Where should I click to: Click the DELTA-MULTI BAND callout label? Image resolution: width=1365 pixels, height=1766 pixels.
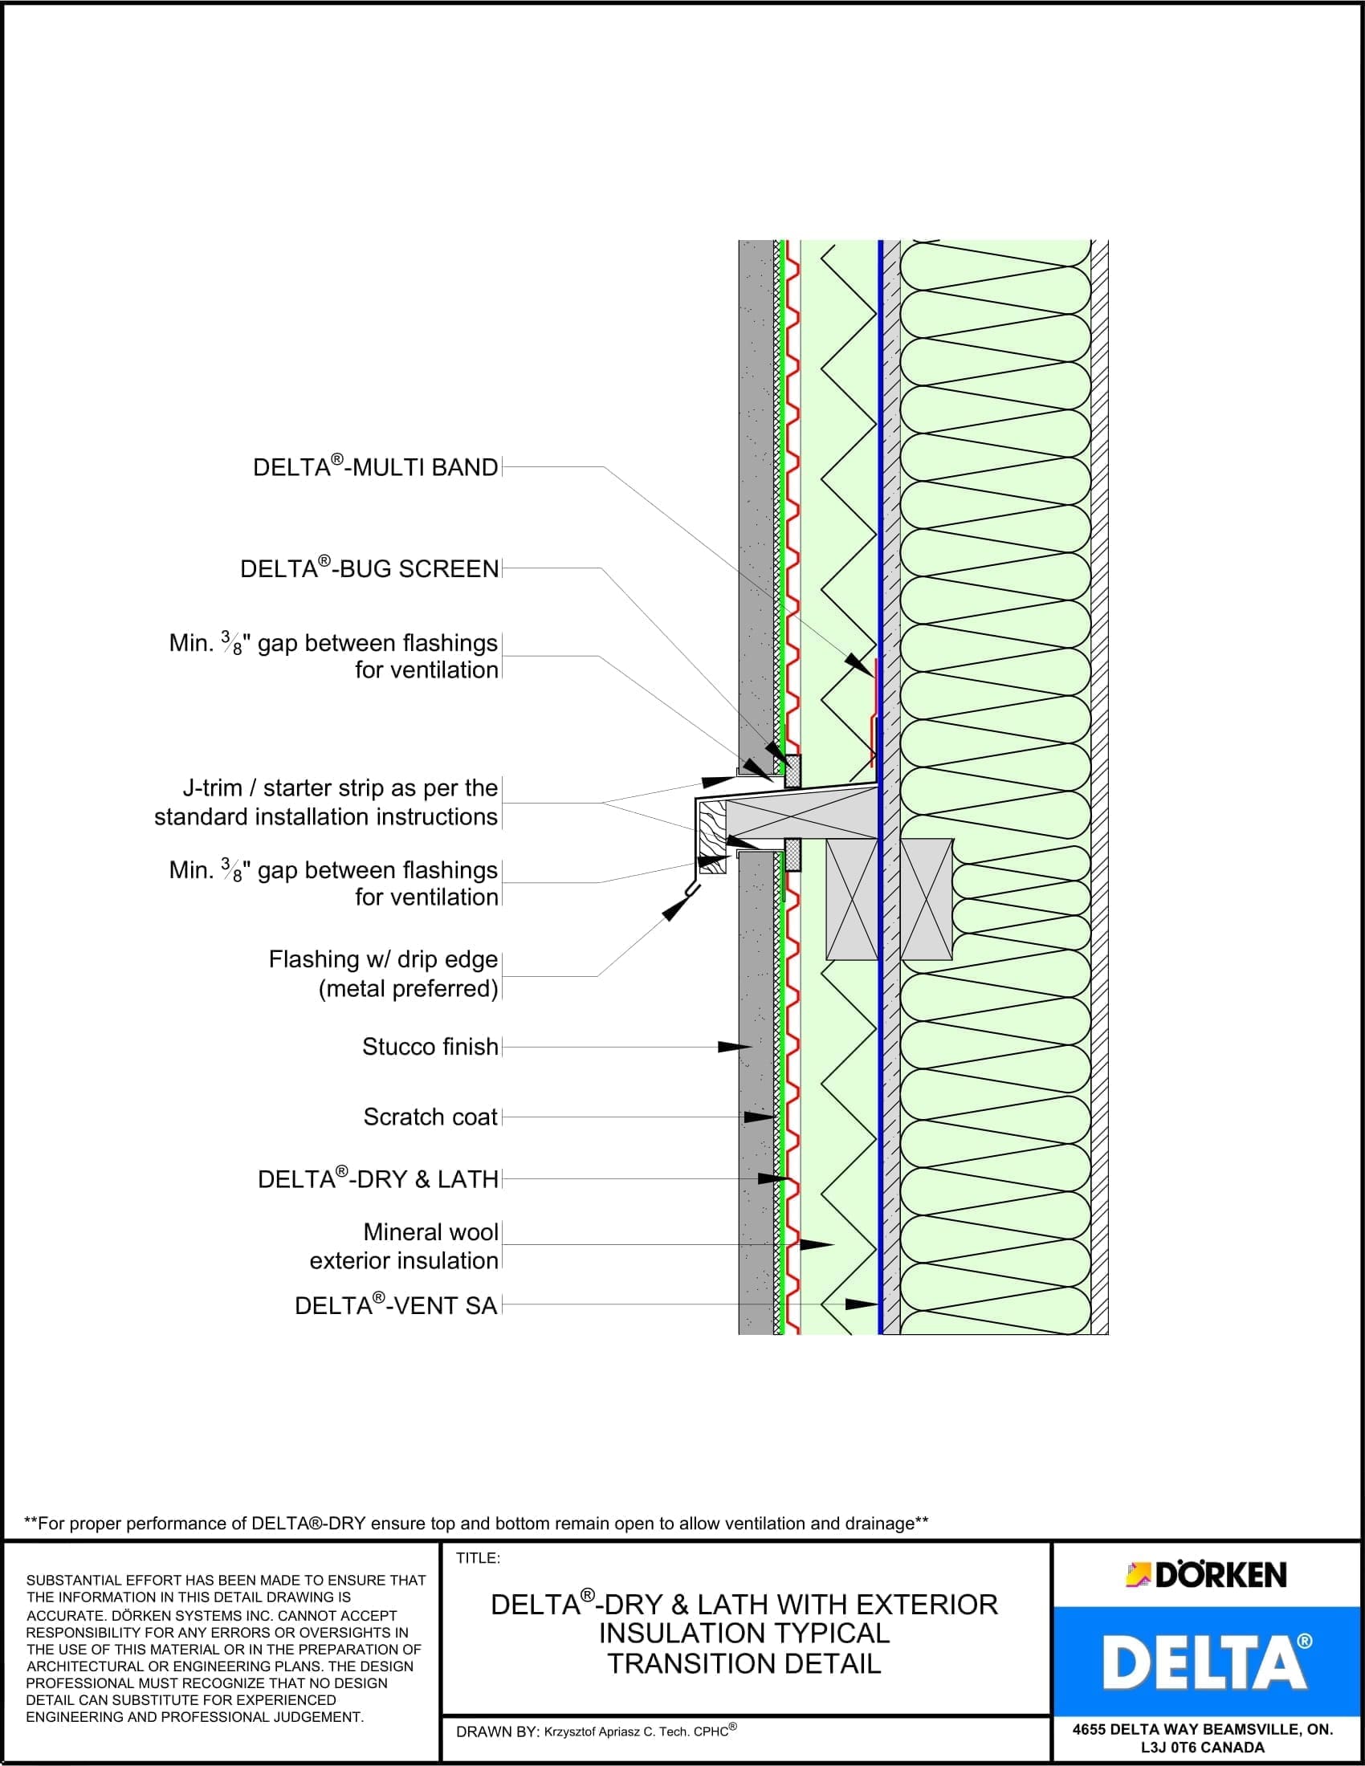[375, 467]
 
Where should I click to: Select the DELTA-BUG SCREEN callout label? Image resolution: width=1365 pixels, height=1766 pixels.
[369, 568]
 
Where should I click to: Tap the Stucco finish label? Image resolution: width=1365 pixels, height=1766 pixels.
[430, 1046]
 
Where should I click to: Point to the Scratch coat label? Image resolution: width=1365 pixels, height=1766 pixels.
[430, 1117]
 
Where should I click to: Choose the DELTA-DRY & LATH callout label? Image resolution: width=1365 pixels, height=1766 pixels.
[377, 1179]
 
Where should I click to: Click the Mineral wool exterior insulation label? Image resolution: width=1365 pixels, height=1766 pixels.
[405, 1246]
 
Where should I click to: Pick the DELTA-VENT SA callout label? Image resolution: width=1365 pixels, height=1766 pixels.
[395, 1305]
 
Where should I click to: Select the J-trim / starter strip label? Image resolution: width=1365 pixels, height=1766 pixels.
[326, 802]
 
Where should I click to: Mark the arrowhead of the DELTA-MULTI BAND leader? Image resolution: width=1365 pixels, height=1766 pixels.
[858, 662]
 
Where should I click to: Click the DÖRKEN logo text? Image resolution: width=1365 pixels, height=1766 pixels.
[1220, 1574]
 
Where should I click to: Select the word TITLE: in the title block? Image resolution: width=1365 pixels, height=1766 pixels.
[478, 1558]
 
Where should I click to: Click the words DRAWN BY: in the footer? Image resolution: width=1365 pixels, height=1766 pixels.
[496, 1732]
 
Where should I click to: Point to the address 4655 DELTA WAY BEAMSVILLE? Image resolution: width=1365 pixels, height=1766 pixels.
[1203, 1730]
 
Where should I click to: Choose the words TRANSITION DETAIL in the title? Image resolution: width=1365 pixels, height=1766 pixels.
[744, 1663]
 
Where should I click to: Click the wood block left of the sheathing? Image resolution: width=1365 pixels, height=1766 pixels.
[851, 899]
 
